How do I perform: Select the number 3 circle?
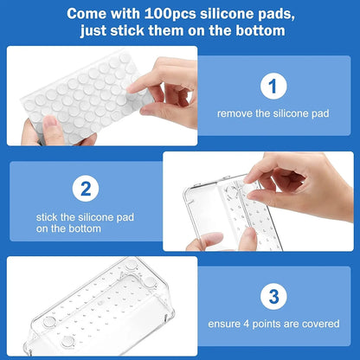273,295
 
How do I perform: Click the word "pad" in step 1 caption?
321,113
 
